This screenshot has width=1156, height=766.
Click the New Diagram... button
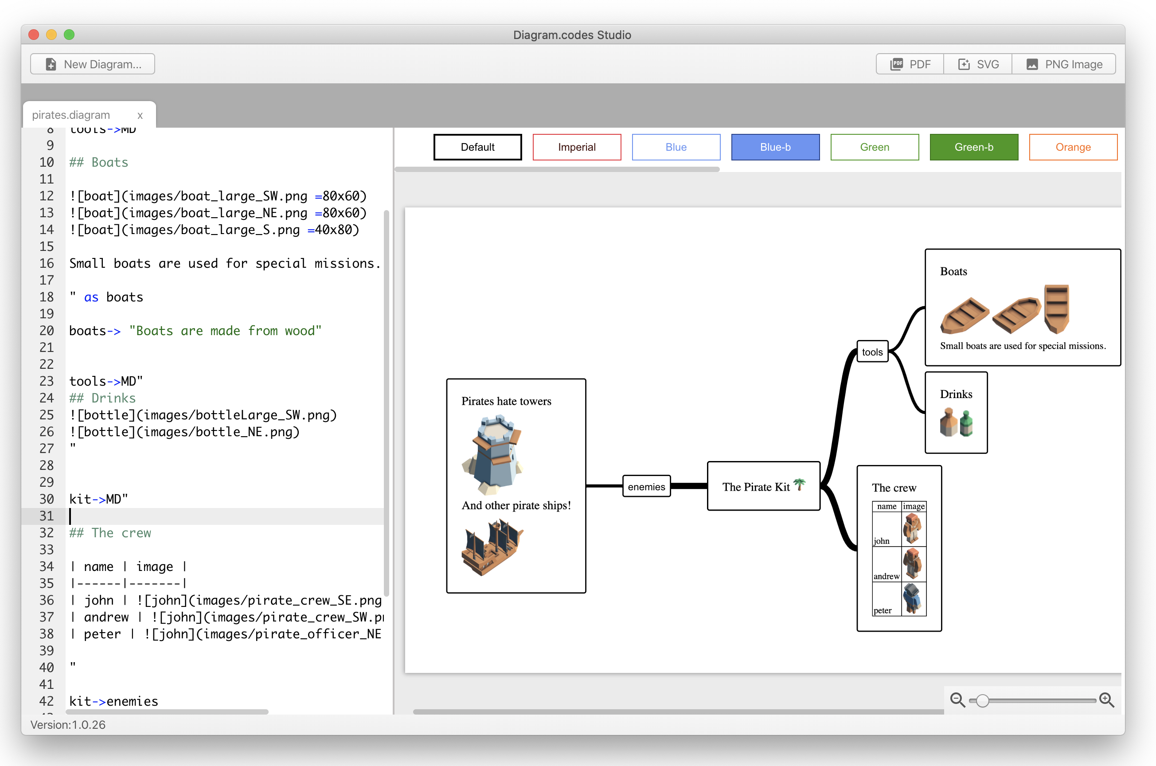(93, 64)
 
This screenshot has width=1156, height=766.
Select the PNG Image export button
(1064, 64)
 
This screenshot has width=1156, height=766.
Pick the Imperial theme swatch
(576, 147)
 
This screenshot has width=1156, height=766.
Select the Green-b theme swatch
(973, 147)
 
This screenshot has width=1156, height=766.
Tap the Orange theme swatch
(1073, 147)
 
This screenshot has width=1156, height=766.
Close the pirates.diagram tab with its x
(140, 115)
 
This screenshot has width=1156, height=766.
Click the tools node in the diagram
(872, 352)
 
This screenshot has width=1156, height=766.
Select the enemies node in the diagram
(646, 487)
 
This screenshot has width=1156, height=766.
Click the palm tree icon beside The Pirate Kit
(800, 484)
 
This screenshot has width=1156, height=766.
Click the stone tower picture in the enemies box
(493, 454)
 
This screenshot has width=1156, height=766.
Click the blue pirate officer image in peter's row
(912, 598)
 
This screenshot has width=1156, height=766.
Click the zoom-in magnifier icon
(1106, 700)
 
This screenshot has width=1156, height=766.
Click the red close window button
(34, 35)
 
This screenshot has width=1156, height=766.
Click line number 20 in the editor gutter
(47, 331)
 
